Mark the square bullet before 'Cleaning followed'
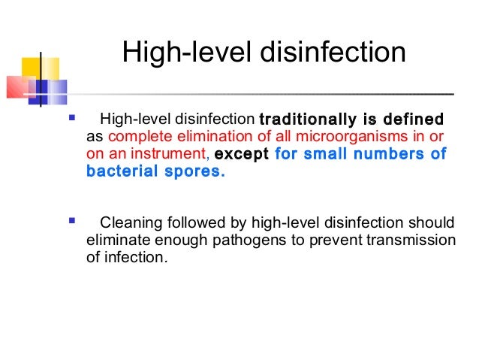72,222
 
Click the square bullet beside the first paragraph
72,118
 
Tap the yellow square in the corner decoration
30,67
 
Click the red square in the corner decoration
18,88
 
